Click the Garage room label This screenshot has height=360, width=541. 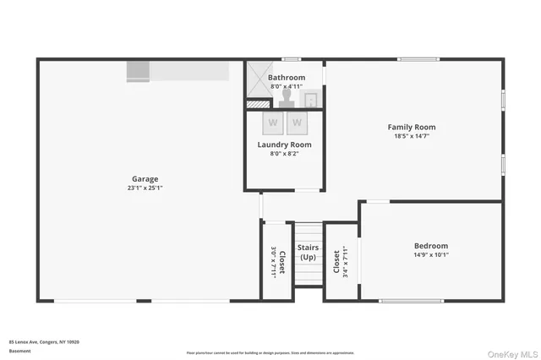[145, 178]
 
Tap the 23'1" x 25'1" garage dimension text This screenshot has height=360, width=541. [145, 188]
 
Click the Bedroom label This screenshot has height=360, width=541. [430, 246]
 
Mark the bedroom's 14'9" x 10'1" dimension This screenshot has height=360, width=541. [430, 254]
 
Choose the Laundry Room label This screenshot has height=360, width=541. [284, 145]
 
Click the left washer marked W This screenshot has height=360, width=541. [273, 123]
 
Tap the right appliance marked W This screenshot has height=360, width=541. [297, 123]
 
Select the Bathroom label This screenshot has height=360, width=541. [287, 78]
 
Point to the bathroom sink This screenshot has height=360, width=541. [311, 100]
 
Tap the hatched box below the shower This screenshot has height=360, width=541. [258, 104]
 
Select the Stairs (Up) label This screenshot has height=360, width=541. [309, 252]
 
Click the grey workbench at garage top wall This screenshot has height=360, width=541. [178, 71]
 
